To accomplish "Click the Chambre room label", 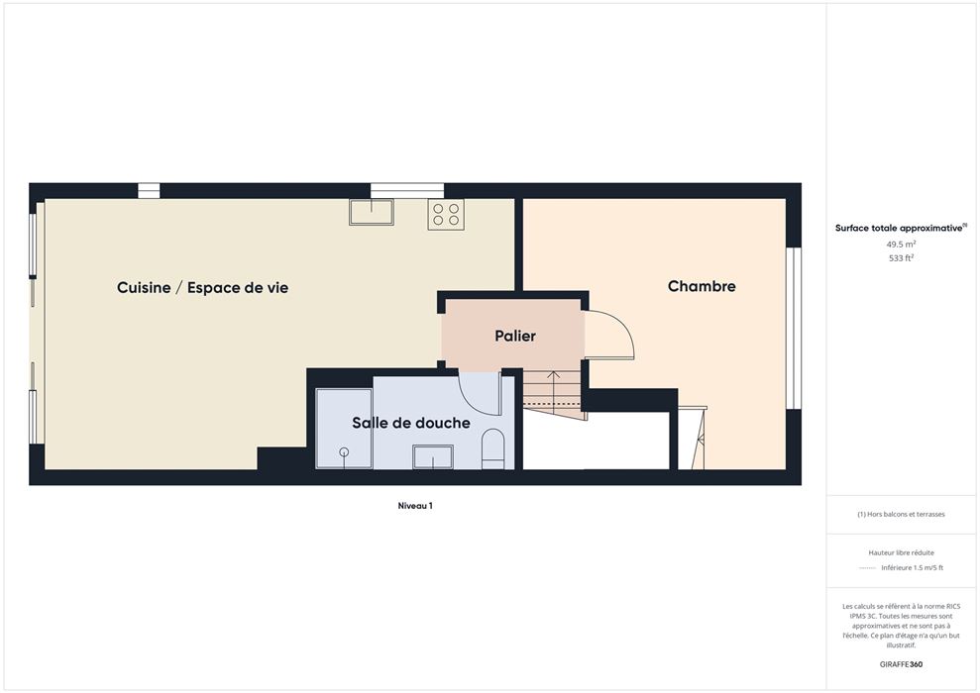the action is pyautogui.click(x=702, y=286).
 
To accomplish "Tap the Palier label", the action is pyautogui.click(x=515, y=336).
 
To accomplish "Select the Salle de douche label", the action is pyautogui.click(x=410, y=423).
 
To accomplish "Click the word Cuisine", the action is pyautogui.click(x=144, y=288).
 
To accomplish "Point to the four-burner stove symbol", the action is pyautogui.click(x=446, y=214).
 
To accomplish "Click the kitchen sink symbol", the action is pyautogui.click(x=372, y=212).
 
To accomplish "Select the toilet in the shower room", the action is pyautogui.click(x=492, y=448).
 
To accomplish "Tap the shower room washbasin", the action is pyautogui.click(x=432, y=456).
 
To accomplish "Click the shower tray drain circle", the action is pyautogui.click(x=343, y=451).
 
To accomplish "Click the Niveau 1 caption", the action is pyautogui.click(x=415, y=506).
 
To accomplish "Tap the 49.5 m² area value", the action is pyautogui.click(x=901, y=245).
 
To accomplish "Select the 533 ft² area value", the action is pyautogui.click(x=901, y=257).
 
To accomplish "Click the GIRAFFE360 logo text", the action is pyautogui.click(x=901, y=664).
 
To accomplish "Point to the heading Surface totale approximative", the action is pyautogui.click(x=899, y=228).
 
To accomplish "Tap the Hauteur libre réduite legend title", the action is pyautogui.click(x=901, y=552).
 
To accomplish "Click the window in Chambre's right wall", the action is pyautogui.click(x=793, y=329).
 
